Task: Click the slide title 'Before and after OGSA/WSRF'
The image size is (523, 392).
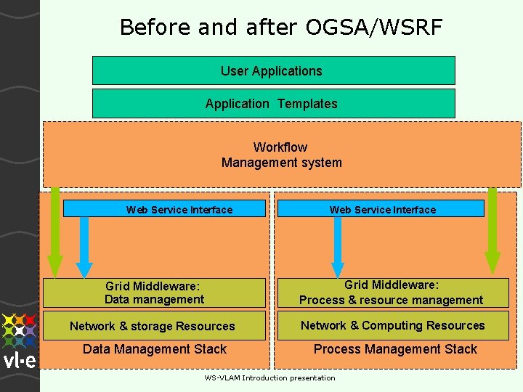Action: click(x=280, y=28)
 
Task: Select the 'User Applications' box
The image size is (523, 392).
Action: click(x=273, y=71)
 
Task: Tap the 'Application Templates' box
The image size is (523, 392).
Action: click(x=273, y=104)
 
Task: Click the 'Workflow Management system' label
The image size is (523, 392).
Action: click(x=281, y=155)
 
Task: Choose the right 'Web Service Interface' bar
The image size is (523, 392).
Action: click(x=382, y=210)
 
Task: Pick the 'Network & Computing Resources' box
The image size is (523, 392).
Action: click(x=392, y=326)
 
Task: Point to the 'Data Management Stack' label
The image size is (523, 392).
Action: click(x=155, y=349)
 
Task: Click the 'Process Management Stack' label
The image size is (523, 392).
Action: click(x=395, y=349)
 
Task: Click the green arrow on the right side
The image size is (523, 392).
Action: click(x=492, y=232)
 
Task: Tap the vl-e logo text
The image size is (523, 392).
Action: click(x=19, y=361)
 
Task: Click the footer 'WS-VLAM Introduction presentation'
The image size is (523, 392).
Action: click(x=269, y=378)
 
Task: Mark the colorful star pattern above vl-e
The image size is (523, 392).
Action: click(x=19, y=330)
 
